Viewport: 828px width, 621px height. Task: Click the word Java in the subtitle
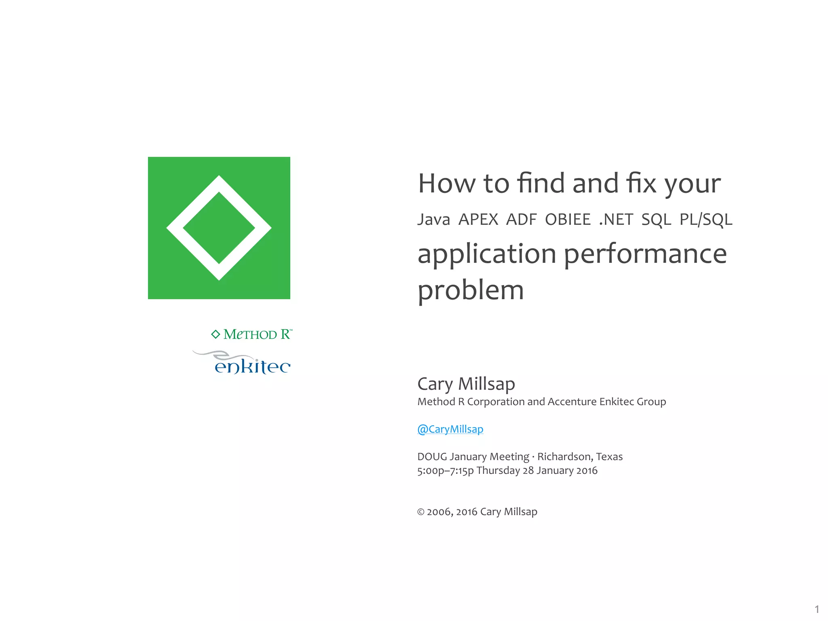433,220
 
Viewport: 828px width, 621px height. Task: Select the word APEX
478,220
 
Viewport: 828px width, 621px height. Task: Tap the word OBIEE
568,220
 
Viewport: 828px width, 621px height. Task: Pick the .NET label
616,220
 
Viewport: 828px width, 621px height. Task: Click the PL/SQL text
705,220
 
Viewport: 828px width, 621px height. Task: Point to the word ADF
521,220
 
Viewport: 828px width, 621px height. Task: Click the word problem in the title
470,290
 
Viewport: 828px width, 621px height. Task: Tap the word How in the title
447,184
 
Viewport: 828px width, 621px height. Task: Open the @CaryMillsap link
450,429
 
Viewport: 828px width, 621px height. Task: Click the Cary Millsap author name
466,384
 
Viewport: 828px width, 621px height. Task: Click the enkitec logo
251,365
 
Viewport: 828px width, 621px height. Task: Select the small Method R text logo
257,334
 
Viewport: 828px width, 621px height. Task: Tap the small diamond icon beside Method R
215,334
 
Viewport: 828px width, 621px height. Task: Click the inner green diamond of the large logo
219,228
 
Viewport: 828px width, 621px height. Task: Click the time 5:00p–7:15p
445,471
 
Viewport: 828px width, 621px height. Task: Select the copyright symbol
420,512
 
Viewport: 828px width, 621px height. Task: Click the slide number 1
817,609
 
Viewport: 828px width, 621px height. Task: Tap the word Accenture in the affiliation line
572,402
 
